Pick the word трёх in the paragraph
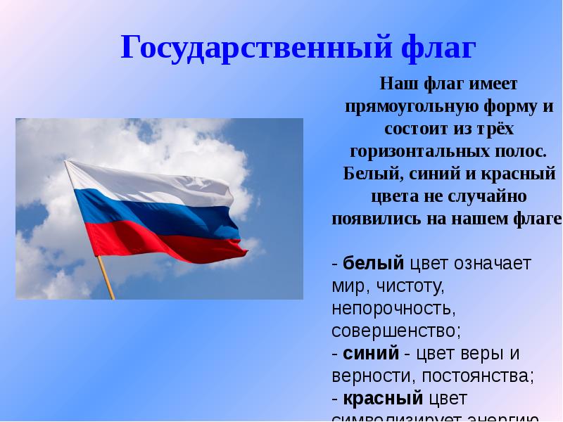(x=493, y=129)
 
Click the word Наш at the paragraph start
(x=396, y=84)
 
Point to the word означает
(x=492, y=264)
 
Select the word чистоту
(x=412, y=286)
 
